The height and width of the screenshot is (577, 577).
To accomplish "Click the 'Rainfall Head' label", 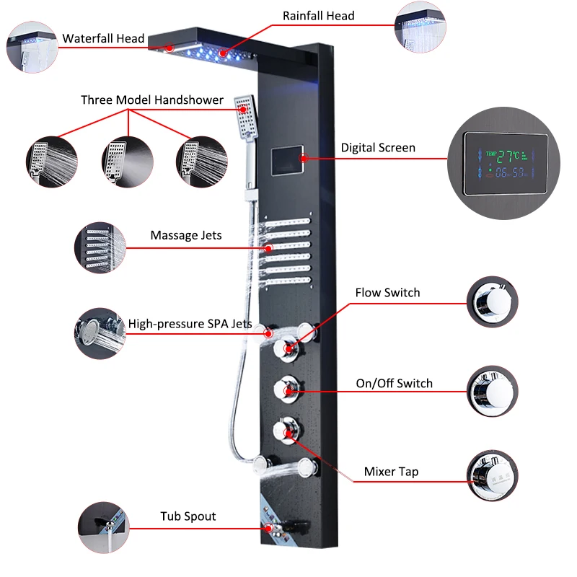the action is pyautogui.click(x=318, y=15).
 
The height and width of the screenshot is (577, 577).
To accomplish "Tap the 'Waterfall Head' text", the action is pyautogui.click(x=103, y=38).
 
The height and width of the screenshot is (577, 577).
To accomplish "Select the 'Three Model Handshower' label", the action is pyautogui.click(x=152, y=100).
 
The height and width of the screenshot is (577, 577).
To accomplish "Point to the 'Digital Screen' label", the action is pyautogui.click(x=378, y=148).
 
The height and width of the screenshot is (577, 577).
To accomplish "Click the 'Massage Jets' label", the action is pyautogui.click(x=186, y=235).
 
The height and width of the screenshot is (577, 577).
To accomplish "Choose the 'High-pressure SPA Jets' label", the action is pyautogui.click(x=190, y=324).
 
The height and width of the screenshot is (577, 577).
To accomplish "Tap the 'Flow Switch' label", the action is pyautogui.click(x=387, y=293).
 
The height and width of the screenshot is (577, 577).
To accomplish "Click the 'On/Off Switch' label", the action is pyautogui.click(x=395, y=383).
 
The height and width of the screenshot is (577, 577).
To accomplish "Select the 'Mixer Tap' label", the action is pyautogui.click(x=391, y=472).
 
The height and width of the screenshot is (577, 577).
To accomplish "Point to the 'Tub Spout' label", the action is pyautogui.click(x=188, y=516).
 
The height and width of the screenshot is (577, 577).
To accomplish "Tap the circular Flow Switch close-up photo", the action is pyautogui.click(x=493, y=302).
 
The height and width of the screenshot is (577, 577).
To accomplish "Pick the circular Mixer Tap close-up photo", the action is pyautogui.click(x=493, y=476).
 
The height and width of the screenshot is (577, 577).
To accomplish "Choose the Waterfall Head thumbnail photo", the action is pyautogui.click(x=30, y=48).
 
